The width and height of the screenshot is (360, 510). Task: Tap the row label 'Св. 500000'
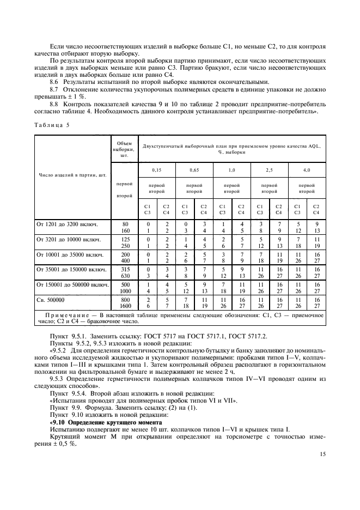click(51, 300)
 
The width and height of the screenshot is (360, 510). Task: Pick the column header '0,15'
click(156, 171)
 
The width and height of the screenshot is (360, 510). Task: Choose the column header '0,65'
click(194, 171)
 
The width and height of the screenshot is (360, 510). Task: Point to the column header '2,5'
click(269, 171)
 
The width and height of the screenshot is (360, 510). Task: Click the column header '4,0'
click(307, 171)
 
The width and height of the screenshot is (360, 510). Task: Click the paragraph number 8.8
click(54, 104)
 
